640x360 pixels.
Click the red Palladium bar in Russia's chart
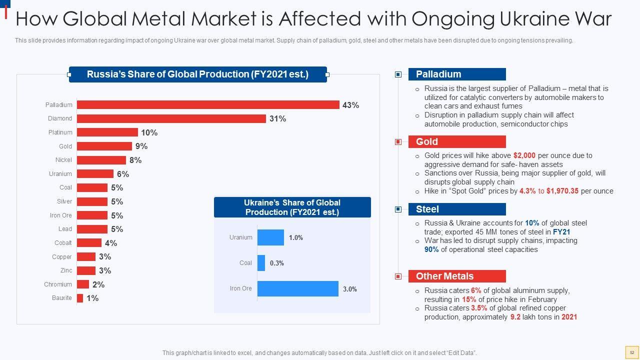point(208,105)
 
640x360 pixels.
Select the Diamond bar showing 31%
point(171,118)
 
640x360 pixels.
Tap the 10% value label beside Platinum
point(149,132)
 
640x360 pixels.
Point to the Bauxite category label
point(62,298)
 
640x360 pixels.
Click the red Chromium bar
point(83,284)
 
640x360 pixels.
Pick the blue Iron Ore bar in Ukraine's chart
point(297,288)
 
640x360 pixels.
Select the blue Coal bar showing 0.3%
point(261,263)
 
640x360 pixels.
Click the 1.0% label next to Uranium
point(296,237)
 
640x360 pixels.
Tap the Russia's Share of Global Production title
point(197,74)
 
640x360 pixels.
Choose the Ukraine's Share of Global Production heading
point(292,207)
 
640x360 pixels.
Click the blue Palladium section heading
point(457,74)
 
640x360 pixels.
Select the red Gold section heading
point(457,142)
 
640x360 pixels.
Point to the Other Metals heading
point(457,276)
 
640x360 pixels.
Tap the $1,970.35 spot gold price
point(562,191)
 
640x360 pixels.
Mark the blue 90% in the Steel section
point(431,249)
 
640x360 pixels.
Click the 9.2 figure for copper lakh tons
point(515,317)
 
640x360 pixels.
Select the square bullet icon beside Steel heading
point(398,209)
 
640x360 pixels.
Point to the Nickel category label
point(63,160)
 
